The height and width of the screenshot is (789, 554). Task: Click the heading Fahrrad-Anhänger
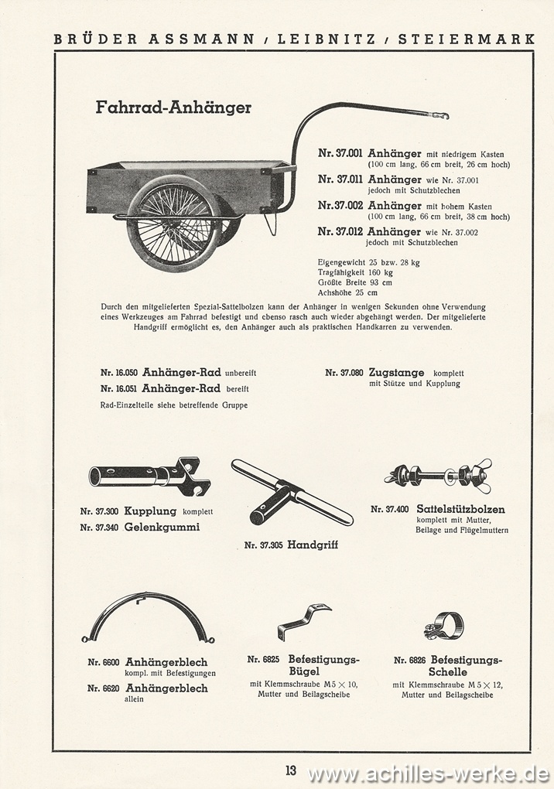(x=173, y=108)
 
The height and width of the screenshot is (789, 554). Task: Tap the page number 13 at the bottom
(x=290, y=770)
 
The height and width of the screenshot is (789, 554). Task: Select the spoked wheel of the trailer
(x=175, y=224)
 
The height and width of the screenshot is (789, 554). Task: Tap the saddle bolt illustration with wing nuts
(x=439, y=476)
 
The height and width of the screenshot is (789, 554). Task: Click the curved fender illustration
(x=149, y=617)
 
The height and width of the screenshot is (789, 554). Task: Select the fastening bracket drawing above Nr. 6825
(x=303, y=619)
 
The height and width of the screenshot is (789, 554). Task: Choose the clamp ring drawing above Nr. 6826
(x=445, y=625)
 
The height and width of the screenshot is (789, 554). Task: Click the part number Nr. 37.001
(x=340, y=153)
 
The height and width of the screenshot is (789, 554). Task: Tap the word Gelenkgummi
(x=162, y=528)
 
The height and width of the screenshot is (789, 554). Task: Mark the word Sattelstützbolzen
(x=460, y=509)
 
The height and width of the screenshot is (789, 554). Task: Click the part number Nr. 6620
(x=103, y=688)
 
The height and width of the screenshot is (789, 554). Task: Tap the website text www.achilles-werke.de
(x=428, y=773)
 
